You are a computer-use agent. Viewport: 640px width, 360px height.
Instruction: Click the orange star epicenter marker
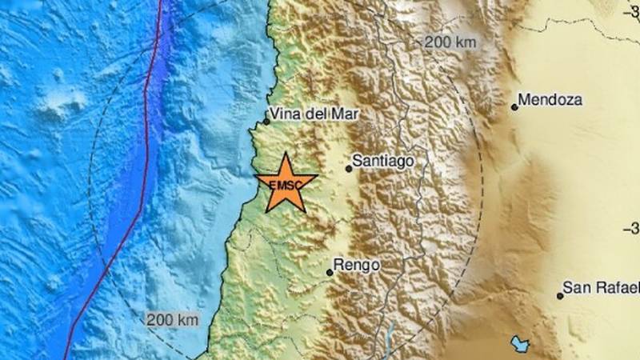pos(284,183)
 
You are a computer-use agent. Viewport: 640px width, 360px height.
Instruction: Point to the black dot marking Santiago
pos(349,169)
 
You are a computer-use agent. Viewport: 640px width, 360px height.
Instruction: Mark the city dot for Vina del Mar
pos(266,122)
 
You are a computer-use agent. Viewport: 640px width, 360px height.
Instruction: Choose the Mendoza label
pos(550,101)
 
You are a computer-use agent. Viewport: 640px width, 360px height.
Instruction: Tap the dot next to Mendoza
pos(514,106)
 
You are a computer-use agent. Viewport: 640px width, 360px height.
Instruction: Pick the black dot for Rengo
pos(329,273)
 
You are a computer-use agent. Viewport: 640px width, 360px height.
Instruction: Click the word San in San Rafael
pos(576,287)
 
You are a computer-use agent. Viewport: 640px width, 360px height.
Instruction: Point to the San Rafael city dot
pos(560,296)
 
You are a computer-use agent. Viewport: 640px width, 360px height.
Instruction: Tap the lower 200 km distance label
pos(172,319)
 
